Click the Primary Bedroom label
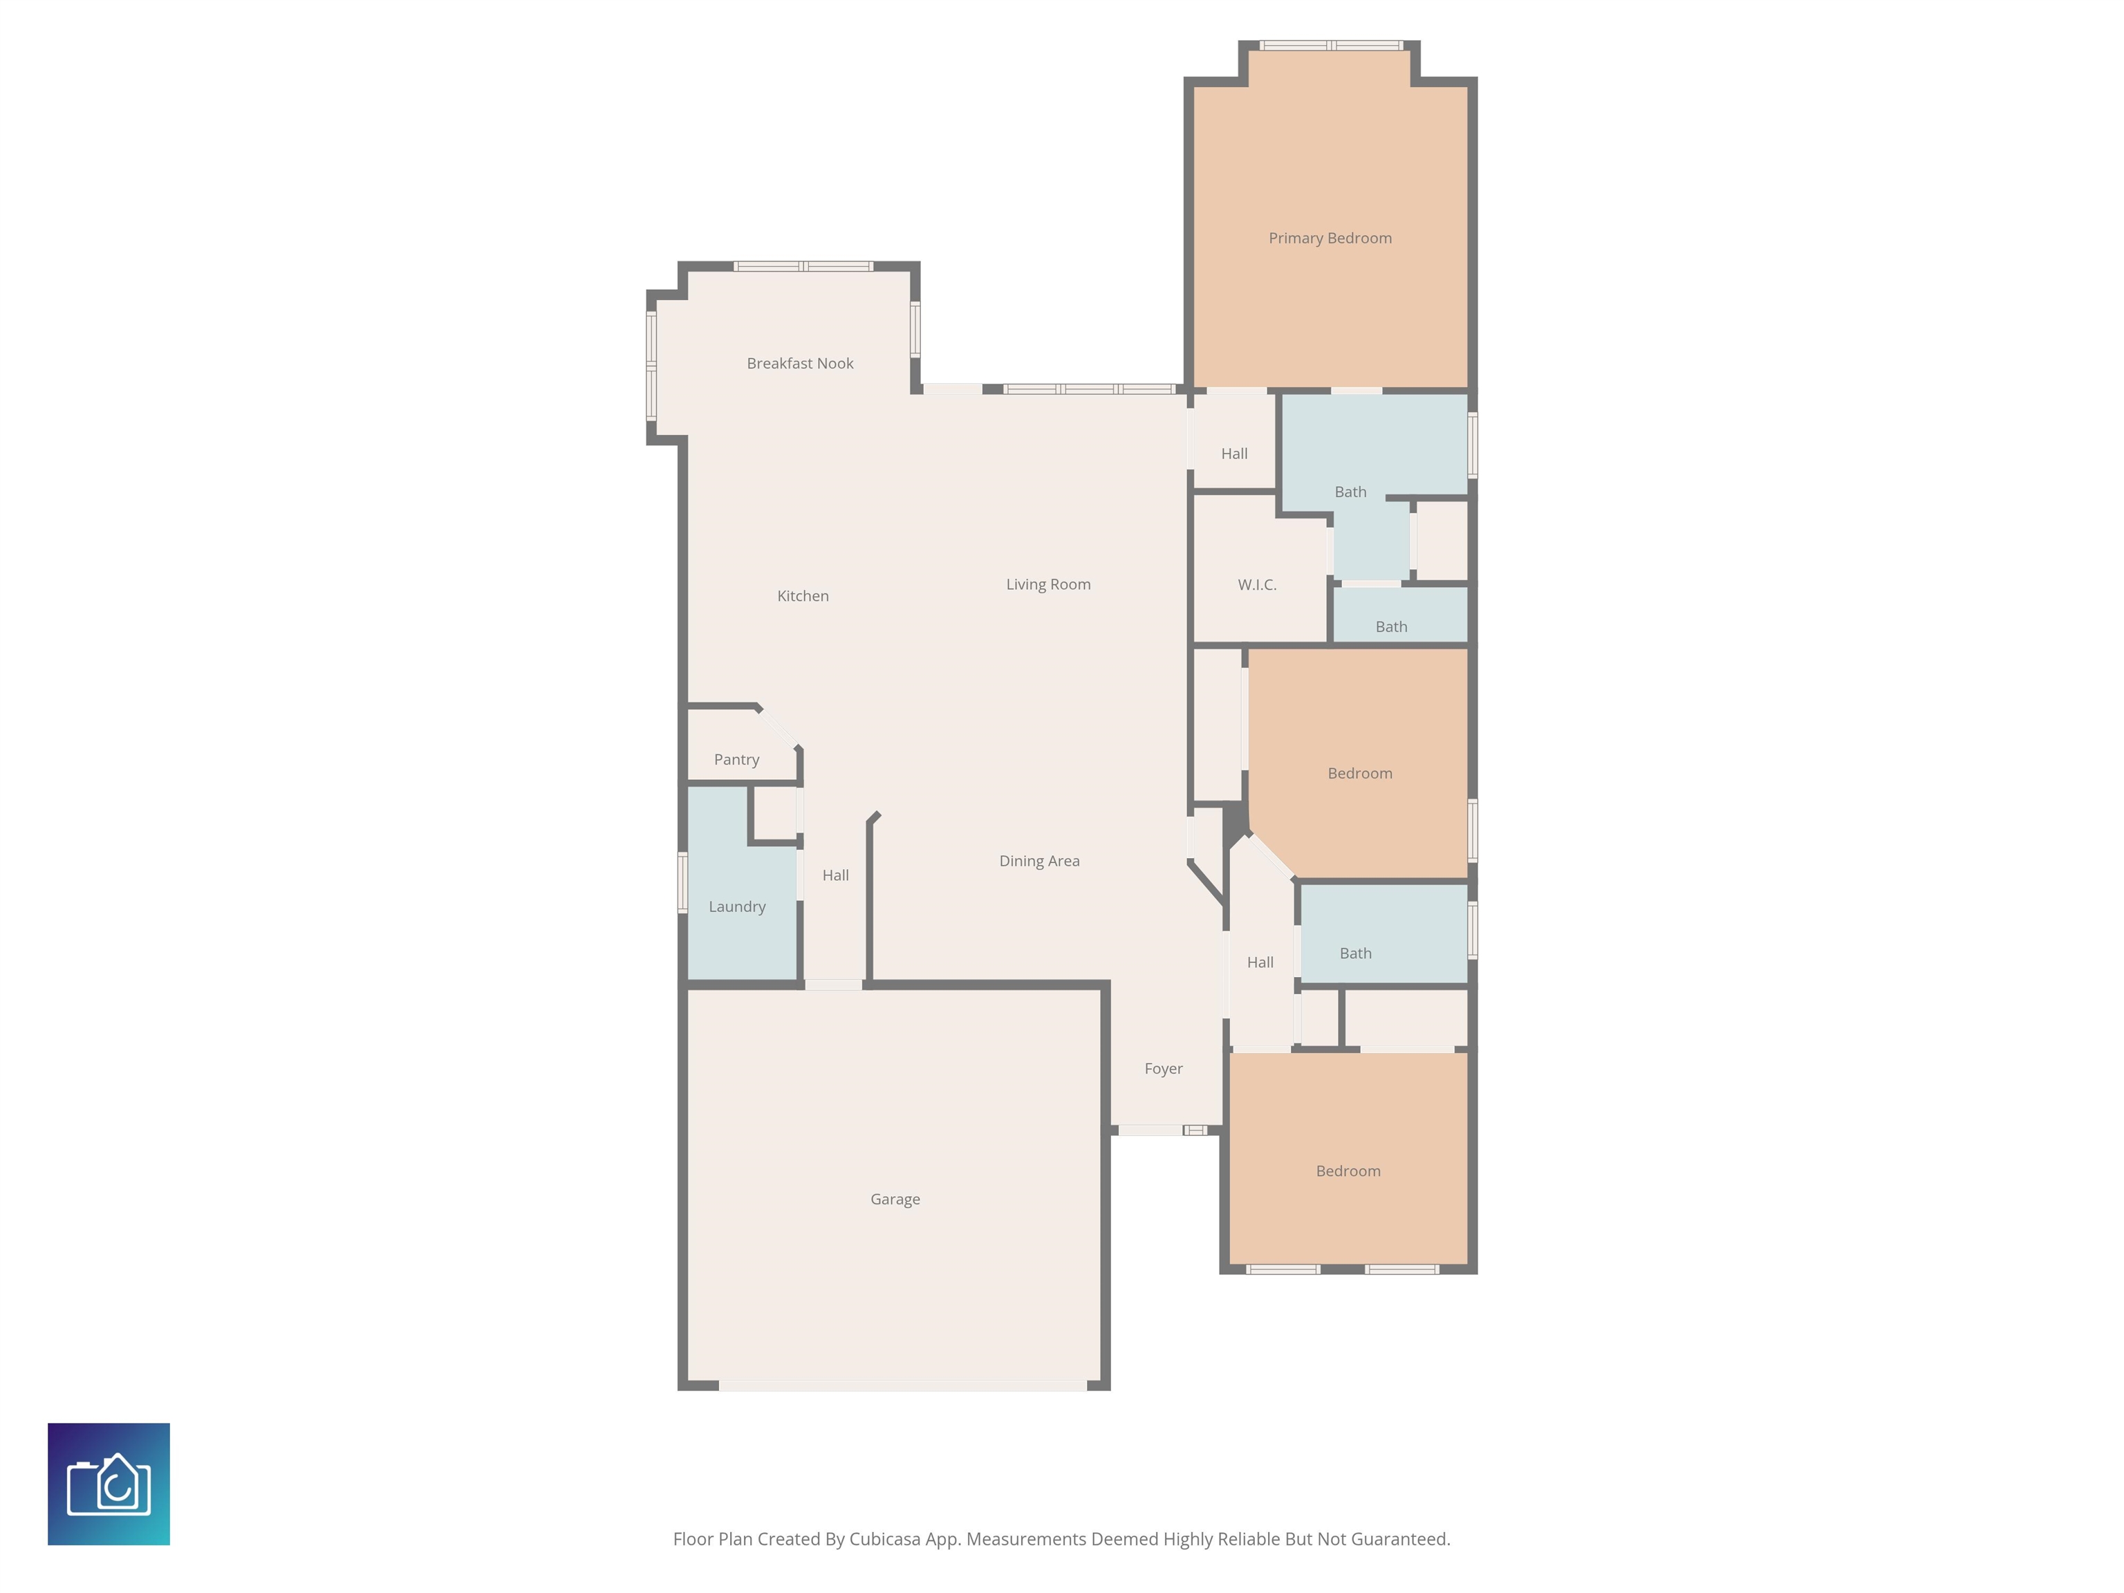click(x=1330, y=238)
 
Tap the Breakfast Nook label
click(x=800, y=363)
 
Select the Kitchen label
click(x=803, y=596)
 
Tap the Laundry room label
click(x=736, y=906)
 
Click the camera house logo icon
click(x=109, y=1484)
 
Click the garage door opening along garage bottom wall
click(x=902, y=1386)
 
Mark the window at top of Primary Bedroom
click(x=1331, y=45)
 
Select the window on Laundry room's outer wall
click(x=682, y=882)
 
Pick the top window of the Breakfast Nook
click(x=803, y=266)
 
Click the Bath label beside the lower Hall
click(x=1355, y=953)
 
